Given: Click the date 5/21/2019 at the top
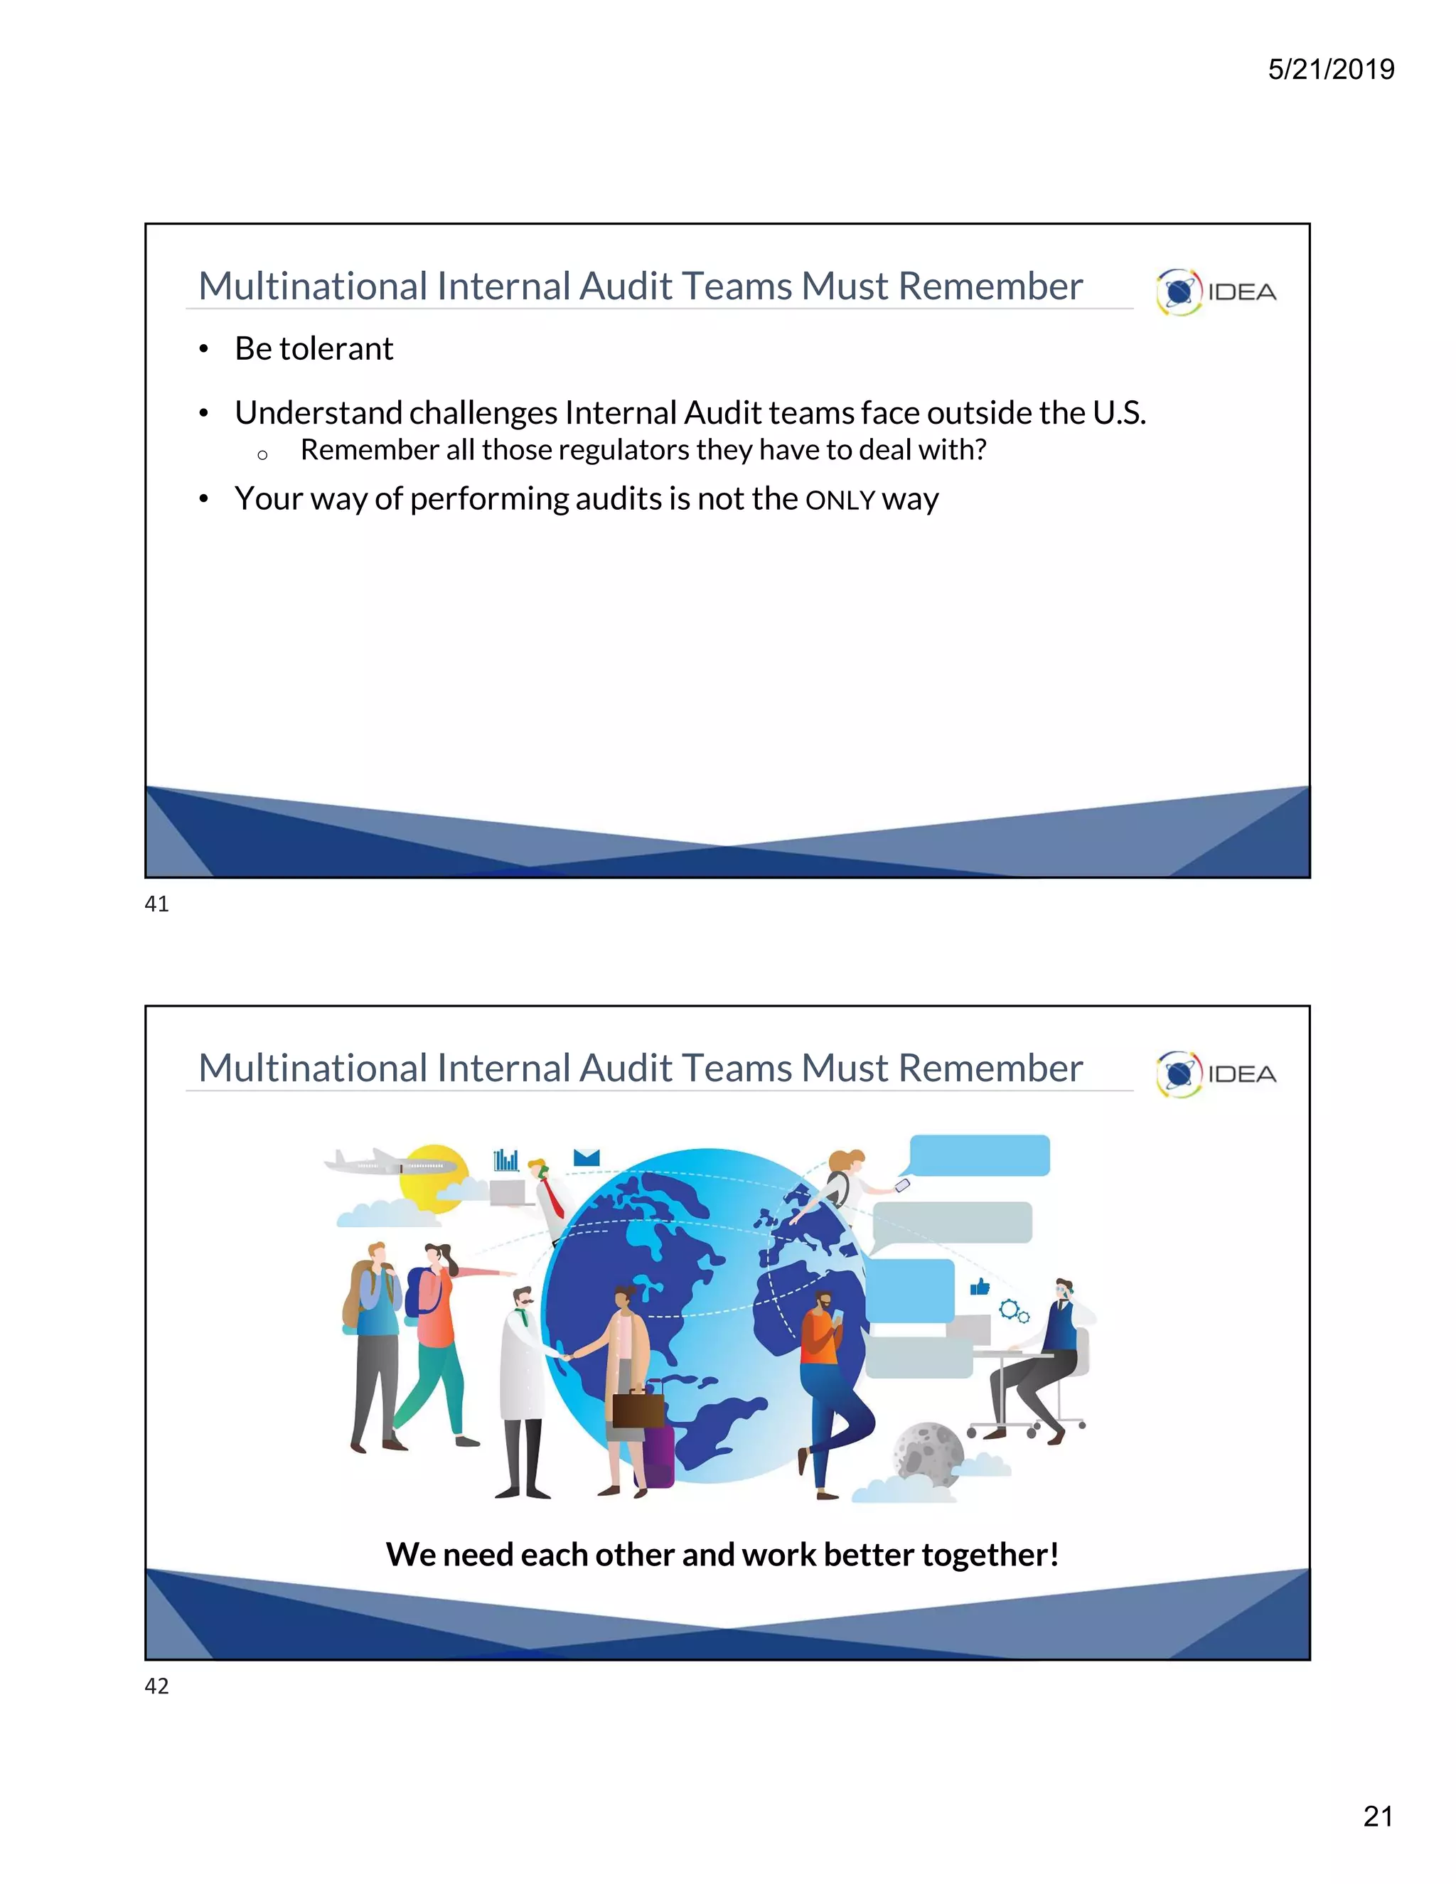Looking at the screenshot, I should (1330, 69).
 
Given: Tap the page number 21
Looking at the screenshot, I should (1378, 1816).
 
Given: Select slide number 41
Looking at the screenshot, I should (157, 904).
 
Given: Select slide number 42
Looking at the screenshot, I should (157, 1686).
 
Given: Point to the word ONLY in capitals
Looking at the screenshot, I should (840, 501).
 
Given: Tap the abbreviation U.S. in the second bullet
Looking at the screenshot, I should (1119, 413).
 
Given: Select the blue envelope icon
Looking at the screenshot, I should (587, 1157).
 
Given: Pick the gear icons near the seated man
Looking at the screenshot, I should (1014, 1312).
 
